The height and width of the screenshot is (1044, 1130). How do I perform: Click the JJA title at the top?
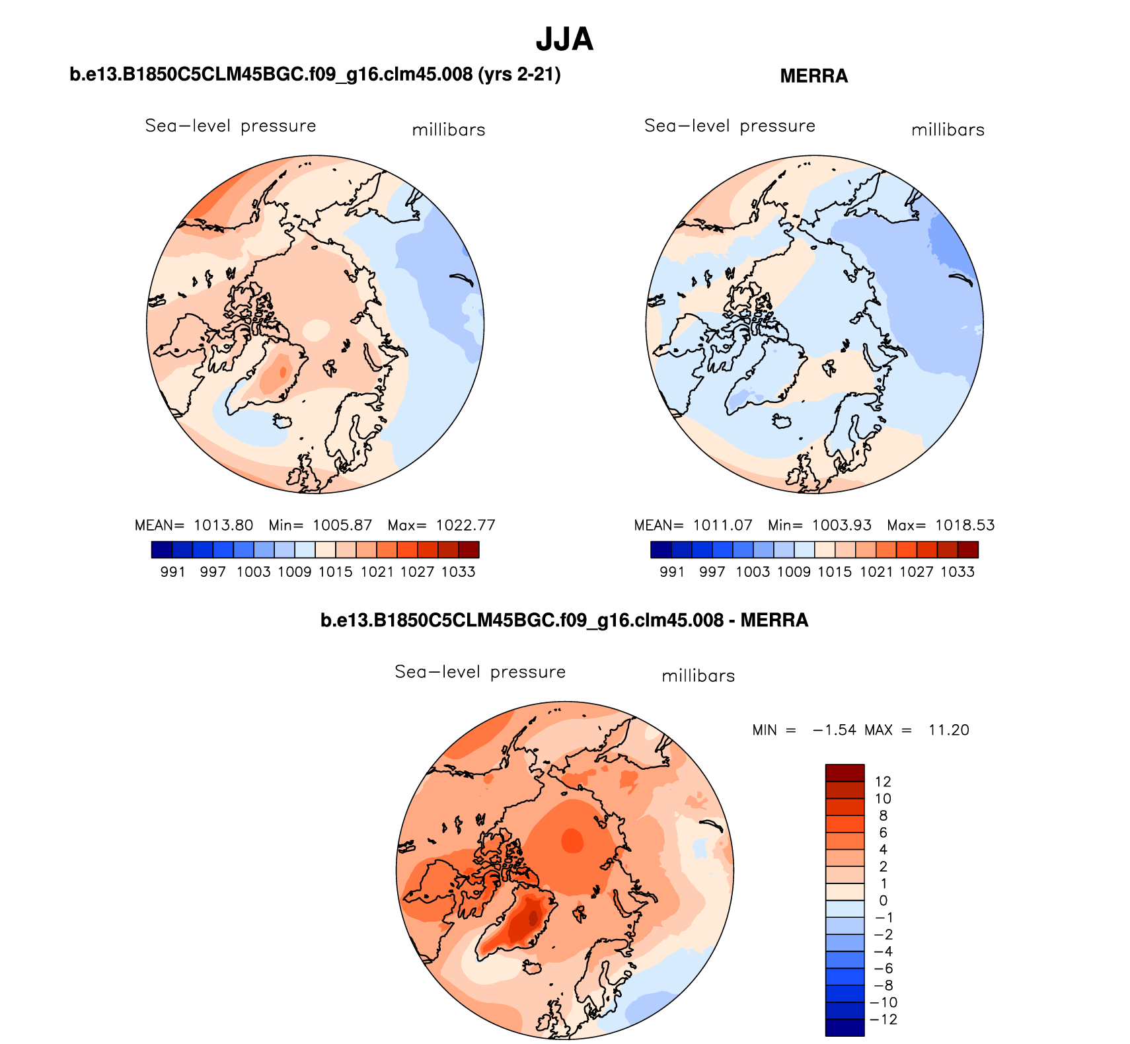coord(564,39)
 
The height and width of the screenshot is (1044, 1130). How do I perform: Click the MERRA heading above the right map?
coord(813,76)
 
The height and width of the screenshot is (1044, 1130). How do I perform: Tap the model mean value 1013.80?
coord(223,525)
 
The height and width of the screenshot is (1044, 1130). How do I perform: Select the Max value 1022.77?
coord(465,525)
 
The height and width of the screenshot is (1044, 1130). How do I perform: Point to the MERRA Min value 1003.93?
coord(841,525)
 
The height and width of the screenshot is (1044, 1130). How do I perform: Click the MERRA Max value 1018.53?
coord(965,525)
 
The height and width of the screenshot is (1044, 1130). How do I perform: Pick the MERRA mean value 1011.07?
coord(722,525)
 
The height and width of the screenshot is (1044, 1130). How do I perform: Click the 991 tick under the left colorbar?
coord(172,572)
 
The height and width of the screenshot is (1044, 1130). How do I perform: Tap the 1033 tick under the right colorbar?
coord(958,572)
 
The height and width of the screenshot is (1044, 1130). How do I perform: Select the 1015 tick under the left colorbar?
coord(336,572)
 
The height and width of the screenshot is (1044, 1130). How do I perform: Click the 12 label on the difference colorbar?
coord(883,782)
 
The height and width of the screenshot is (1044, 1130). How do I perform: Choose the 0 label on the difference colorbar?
coord(884,901)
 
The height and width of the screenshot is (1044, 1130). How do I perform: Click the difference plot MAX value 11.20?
coord(948,730)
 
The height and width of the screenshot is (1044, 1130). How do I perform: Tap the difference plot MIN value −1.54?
coord(834,730)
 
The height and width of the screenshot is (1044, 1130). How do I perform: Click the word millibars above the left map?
coord(449,130)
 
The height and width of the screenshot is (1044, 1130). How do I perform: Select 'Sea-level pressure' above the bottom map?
coord(480,672)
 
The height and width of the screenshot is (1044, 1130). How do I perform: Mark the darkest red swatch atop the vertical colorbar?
coord(845,772)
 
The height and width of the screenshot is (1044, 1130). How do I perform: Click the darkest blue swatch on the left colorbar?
coord(161,550)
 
